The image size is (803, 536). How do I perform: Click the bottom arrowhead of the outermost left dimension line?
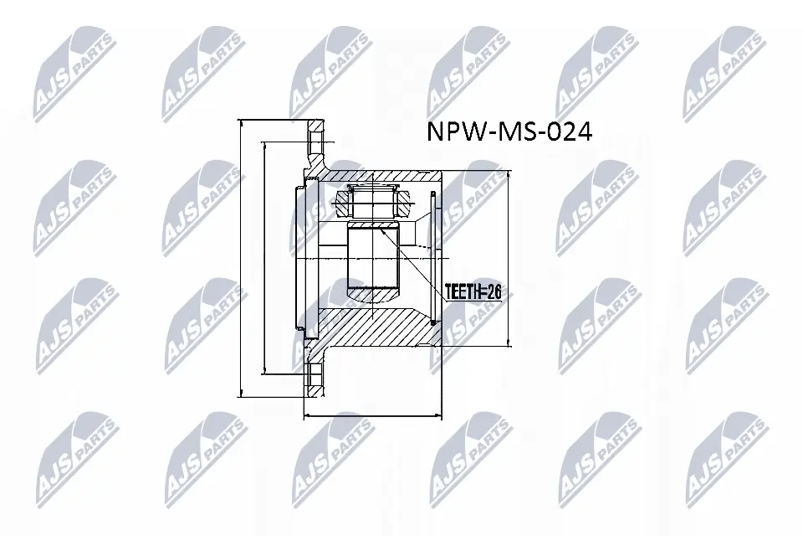(x=241, y=393)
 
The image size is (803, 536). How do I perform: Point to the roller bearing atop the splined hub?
(x=371, y=200)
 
